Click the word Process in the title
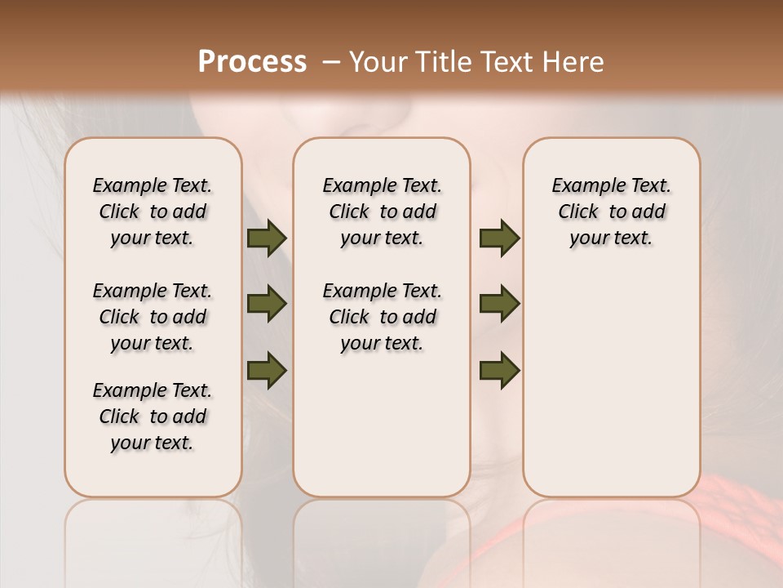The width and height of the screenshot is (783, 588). point(252,62)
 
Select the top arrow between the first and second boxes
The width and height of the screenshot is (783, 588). point(267,238)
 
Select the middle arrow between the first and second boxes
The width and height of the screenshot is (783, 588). point(267,304)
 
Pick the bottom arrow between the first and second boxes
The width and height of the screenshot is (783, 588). point(267,369)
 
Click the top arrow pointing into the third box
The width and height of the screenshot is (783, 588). point(499,238)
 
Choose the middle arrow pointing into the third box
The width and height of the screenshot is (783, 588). point(499,304)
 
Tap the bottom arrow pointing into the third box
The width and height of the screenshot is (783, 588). point(499,369)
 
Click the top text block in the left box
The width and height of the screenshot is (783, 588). point(153,212)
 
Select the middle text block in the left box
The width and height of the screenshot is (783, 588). point(153,317)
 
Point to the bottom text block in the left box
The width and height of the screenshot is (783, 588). point(153,416)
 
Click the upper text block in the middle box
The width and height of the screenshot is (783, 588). point(382,212)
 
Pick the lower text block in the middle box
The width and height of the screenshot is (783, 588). point(382,317)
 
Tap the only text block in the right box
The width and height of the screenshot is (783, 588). point(611,212)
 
